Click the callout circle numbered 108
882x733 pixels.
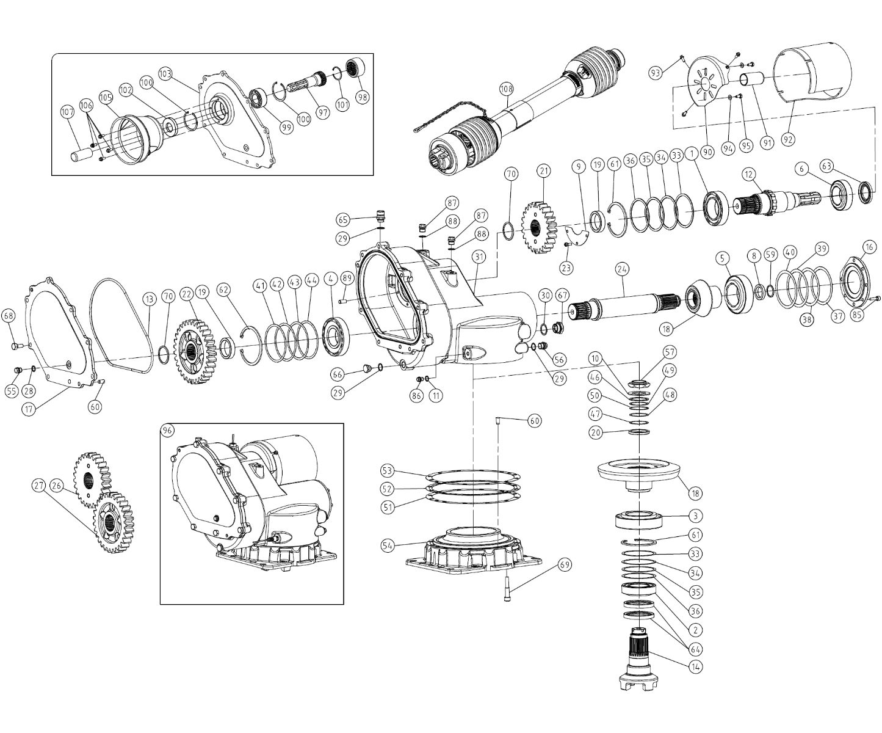click(x=506, y=89)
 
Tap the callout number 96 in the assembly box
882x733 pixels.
click(x=167, y=430)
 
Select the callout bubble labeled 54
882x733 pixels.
click(x=388, y=545)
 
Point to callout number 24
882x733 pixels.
click(x=622, y=269)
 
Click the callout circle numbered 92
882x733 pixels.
click(x=788, y=139)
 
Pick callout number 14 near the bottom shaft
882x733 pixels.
click(x=695, y=667)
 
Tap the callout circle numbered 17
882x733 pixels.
click(x=29, y=409)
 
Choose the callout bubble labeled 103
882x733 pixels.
click(x=165, y=74)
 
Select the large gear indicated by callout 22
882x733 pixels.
click(x=195, y=351)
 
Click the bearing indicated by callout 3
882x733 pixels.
click(x=640, y=520)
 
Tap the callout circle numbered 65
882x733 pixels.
click(x=342, y=220)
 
